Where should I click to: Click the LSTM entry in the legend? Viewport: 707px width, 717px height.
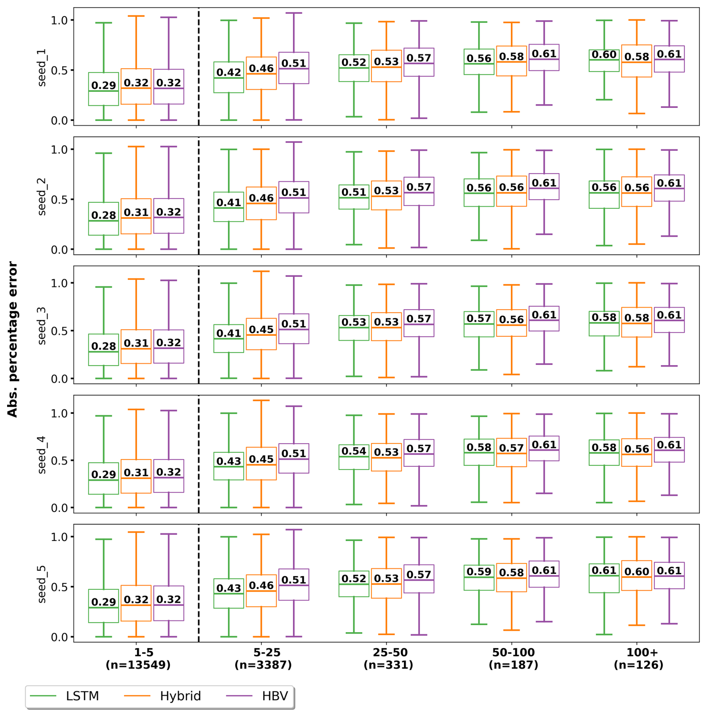pyautogui.click(x=82, y=696)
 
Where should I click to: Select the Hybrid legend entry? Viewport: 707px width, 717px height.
pyautogui.click(x=180, y=696)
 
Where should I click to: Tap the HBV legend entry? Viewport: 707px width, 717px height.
pyautogui.click(x=275, y=696)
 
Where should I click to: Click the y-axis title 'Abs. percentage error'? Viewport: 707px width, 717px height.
pyautogui.click(x=12, y=339)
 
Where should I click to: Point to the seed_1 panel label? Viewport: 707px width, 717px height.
pyautogui.click(x=41, y=68)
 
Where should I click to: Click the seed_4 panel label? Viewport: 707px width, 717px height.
pyautogui.click(x=41, y=455)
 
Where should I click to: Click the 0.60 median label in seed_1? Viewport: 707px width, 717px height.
pyautogui.click(x=604, y=55)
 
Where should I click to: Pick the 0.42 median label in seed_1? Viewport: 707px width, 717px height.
pyautogui.click(x=229, y=72)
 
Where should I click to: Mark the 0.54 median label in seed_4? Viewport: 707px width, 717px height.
pyautogui.click(x=354, y=451)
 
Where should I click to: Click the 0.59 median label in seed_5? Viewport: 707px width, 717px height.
pyautogui.click(x=479, y=572)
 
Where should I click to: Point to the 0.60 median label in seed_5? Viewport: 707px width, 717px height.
pyautogui.click(x=636, y=572)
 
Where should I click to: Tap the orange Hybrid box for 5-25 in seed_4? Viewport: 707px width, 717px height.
pyautogui.click(x=261, y=472)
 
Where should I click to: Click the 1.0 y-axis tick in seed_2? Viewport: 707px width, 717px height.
pyautogui.click(x=59, y=149)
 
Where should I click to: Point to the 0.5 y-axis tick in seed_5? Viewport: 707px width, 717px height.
pyautogui.click(x=59, y=587)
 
